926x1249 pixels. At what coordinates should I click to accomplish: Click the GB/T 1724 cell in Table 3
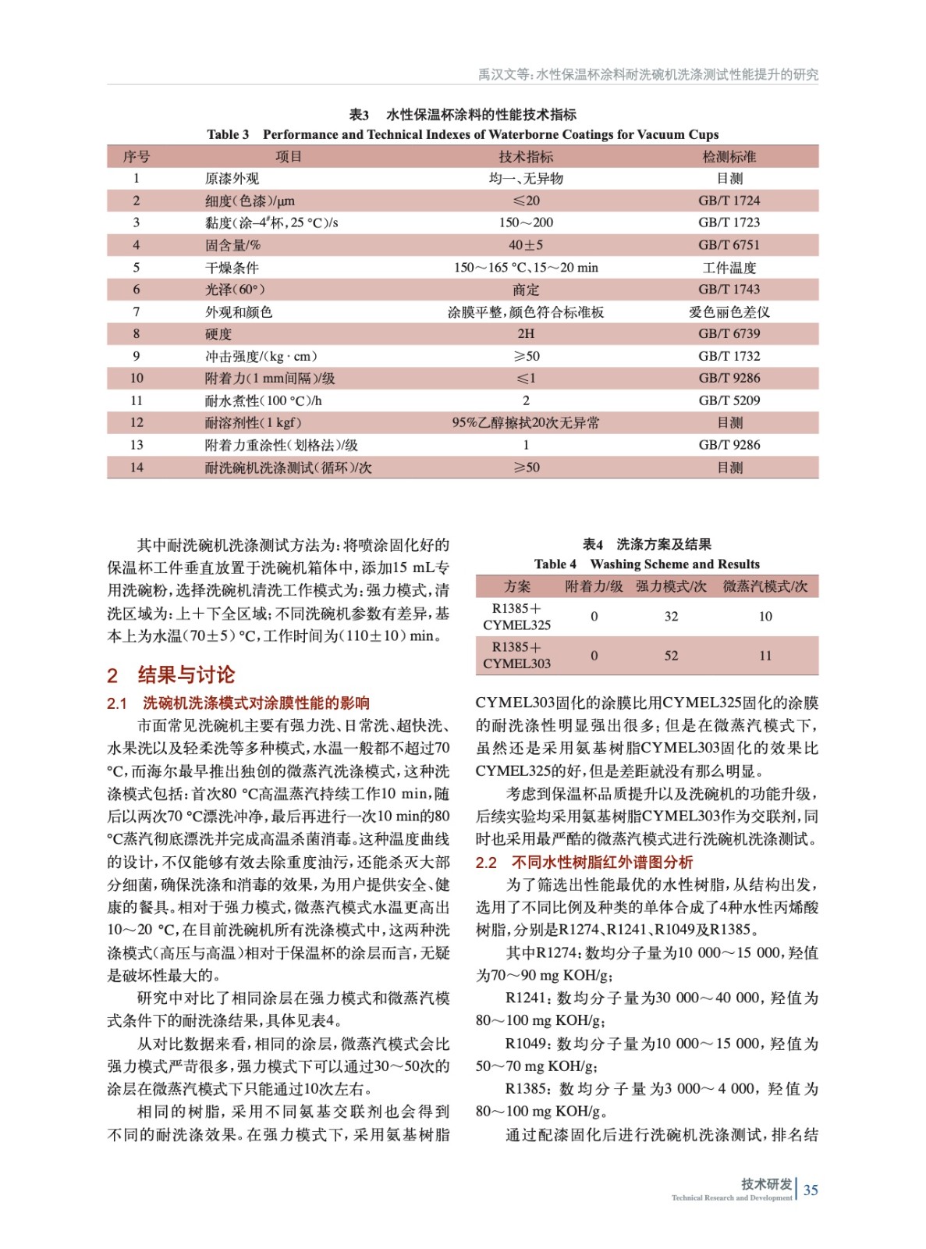click(x=729, y=201)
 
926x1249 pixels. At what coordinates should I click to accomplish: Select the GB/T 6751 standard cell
click(x=729, y=245)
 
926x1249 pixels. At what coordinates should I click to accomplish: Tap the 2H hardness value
click(x=526, y=334)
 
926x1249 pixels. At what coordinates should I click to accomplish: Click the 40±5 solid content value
click(x=526, y=245)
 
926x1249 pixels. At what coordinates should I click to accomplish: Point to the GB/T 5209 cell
click(x=729, y=400)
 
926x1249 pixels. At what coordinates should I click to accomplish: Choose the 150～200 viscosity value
click(x=526, y=222)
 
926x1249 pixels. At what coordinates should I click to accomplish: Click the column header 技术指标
click(x=526, y=157)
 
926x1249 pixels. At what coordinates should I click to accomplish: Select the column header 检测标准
click(x=729, y=157)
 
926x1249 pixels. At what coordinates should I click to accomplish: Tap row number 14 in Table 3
click(x=137, y=468)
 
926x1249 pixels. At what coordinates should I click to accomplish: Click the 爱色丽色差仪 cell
click(x=729, y=312)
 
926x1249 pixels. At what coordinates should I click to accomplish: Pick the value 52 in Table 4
click(x=671, y=656)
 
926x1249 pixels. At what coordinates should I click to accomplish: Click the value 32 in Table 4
click(x=671, y=617)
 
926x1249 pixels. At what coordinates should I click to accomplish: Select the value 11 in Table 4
click(x=765, y=656)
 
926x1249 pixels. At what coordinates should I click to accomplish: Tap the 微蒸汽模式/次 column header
click(x=765, y=586)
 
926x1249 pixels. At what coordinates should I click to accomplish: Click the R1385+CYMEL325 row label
click(x=516, y=617)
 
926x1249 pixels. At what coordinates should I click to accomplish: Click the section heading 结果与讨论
click(x=186, y=675)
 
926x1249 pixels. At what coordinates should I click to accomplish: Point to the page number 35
click(x=811, y=1190)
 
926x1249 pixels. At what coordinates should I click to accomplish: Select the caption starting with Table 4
click(x=647, y=564)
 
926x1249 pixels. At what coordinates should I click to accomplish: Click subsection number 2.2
click(x=486, y=863)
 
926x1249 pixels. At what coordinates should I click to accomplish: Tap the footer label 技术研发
click(x=766, y=1184)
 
